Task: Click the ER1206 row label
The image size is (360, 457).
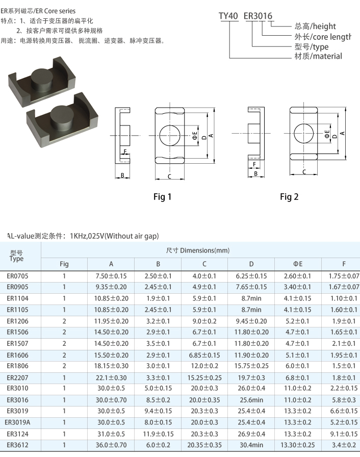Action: tap(17, 321)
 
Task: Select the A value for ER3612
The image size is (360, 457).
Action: tap(111, 445)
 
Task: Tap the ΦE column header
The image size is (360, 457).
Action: tap(298, 264)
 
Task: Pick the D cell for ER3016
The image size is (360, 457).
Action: tap(251, 400)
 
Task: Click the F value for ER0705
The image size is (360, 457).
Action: tap(344, 276)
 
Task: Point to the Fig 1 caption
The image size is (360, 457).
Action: tap(162, 197)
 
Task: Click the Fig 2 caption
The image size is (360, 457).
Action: tap(289, 197)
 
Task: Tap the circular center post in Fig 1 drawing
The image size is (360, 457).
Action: tap(169, 135)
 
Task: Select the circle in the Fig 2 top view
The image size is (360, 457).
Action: tap(303, 134)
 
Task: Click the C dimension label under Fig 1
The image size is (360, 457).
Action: tap(169, 176)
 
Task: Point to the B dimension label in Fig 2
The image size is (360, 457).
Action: tap(256, 174)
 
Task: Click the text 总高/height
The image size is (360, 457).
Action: tap(315, 26)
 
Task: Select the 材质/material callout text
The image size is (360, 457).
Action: tap(318, 56)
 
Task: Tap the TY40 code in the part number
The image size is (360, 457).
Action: tap(228, 16)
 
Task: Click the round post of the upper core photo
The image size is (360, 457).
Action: tap(42, 79)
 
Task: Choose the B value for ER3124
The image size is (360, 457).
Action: tap(158, 434)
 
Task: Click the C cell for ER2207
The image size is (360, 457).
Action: tap(204, 378)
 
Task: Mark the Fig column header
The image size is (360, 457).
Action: tap(64, 264)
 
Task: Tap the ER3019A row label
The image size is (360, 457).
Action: tap(17, 422)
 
